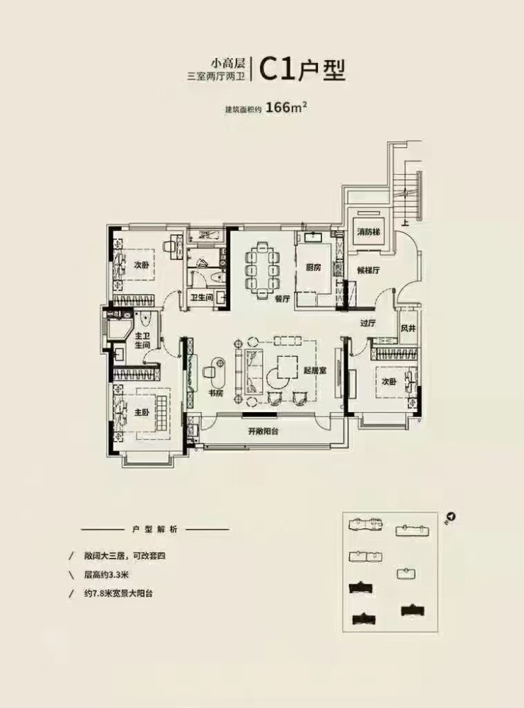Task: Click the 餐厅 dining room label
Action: coord(282,299)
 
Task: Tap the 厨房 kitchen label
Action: coord(312,268)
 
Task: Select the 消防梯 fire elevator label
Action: coord(368,232)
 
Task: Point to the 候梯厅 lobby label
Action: coord(368,270)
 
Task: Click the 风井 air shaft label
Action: coord(408,329)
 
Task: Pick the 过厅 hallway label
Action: coord(368,323)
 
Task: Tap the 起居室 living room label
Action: coord(315,371)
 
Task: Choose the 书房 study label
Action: coord(216,393)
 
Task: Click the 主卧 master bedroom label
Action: coord(142,412)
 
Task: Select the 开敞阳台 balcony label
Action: coord(263,431)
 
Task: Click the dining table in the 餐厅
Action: coord(261,270)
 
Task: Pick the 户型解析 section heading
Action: coord(155,529)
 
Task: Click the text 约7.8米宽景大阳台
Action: coord(118,593)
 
